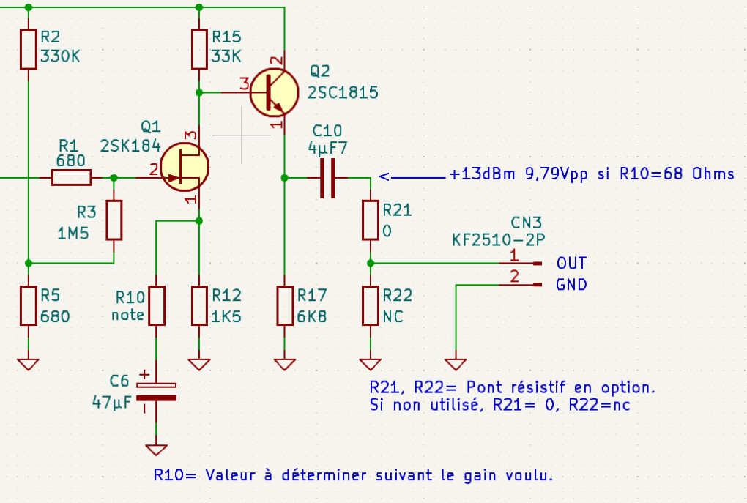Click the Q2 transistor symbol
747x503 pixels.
pos(274,92)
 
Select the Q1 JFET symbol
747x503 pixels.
pos(185,167)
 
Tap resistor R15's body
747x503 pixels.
pos(199,50)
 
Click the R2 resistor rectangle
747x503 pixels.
pos(28,50)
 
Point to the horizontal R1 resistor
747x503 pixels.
pos(71,177)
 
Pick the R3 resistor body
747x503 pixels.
pos(114,220)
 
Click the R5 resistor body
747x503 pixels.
pos(28,305)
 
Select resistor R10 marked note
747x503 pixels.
pos(156,305)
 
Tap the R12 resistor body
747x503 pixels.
pos(199,305)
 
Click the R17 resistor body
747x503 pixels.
pos(285,305)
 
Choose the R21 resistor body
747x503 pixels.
pos(371,220)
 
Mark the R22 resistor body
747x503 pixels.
pos(371,305)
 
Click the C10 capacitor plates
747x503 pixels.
pos(327,177)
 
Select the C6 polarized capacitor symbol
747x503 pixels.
pos(156,392)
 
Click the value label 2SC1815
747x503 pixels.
pos(343,93)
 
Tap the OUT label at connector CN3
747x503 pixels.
pos(571,263)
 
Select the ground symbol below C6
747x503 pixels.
pos(156,449)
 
